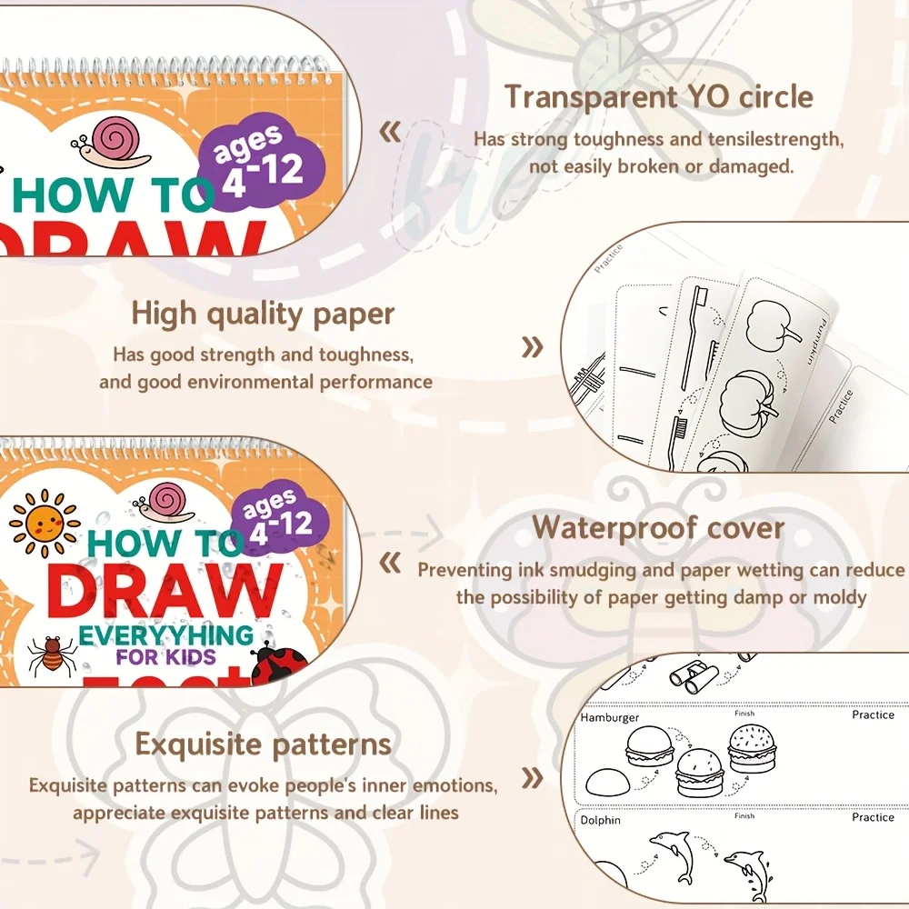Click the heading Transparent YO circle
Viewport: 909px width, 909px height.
point(659,96)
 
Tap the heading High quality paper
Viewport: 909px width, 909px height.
point(263,314)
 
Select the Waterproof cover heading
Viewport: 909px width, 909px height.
point(658,527)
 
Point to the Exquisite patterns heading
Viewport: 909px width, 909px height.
point(263,744)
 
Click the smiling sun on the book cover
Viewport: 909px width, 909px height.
point(43,524)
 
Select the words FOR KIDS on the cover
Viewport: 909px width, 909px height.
point(165,656)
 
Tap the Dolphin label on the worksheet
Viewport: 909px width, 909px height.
point(600,820)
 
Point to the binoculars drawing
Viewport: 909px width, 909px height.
point(694,673)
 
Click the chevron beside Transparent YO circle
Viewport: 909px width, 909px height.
point(390,134)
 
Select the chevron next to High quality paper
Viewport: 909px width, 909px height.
point(533,346)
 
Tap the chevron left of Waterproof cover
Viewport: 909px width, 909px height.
point(390,564)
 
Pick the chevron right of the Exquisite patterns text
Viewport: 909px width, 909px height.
point(533,777)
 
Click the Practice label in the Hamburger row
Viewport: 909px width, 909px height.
point(873,715)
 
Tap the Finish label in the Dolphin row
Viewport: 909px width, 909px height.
point(744,816)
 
